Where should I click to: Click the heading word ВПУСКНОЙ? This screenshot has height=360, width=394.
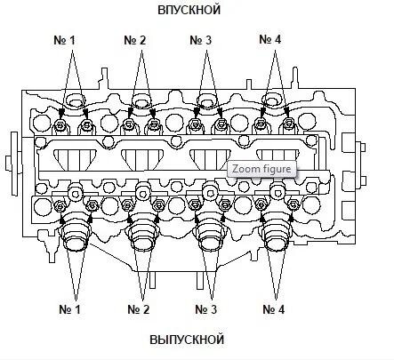pyautogui.click(x=189, y=10)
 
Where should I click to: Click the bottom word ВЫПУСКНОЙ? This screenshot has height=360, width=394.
pyautogui.click(x=187, y=340)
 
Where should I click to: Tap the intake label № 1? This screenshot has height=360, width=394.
pyautogui.click(x=64, y=40)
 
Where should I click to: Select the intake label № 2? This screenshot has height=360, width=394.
pyautogui.click(x=135, y=40)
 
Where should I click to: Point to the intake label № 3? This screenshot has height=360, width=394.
pyautogui.click(x=201, y=40)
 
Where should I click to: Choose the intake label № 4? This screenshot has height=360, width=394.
pyautogui.click(x=270, y=39)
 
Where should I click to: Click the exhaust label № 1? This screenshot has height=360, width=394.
pyautogui.click(x=69, y=309)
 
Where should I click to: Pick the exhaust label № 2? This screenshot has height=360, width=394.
pyautogui.click(x=139, y=309)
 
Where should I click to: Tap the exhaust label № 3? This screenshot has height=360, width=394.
pyautogui.click(x=206, y=309)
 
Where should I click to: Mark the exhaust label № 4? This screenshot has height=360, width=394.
pyautogui.click(x=274, y=309)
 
